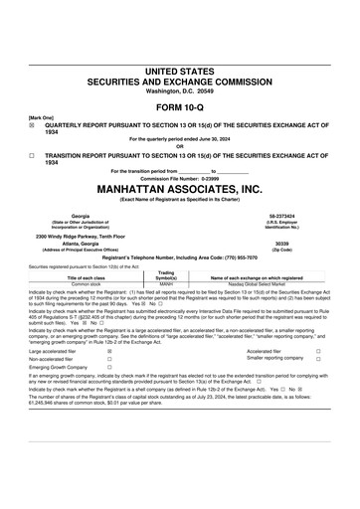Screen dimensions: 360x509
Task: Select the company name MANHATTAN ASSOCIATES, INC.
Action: pyautogui.click(x=179, y=187)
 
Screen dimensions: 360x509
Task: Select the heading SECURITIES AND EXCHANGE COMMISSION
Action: pyautogui.click(x=179, y=83)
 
